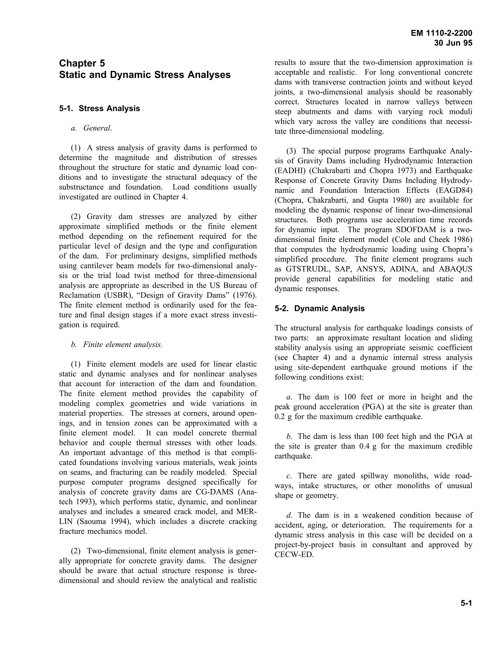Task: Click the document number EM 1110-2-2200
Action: point(441,33)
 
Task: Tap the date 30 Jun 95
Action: point(453,43)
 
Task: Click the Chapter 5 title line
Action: point(82,63)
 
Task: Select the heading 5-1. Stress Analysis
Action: point(99,108)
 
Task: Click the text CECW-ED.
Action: point(294,555)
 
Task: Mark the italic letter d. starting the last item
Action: point(289,515)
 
